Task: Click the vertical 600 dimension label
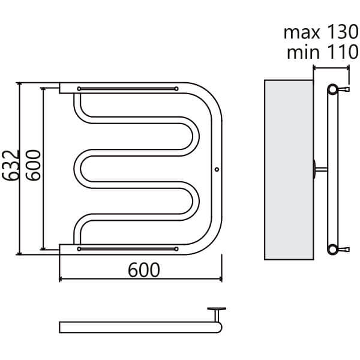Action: pyautogui.click(x=33, y=166)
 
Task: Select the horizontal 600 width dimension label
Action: pyautogui.click(x=144, y=270)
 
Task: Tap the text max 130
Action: pyautogui.click(x=321, y=32)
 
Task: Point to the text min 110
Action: pyautogui.click(x=323, y=52)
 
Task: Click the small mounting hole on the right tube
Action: pyautogui.click(x=217, y=169)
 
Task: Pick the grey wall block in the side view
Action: pyautogui.click(x=289, y=170)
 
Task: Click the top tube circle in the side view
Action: pyautogui.click(x=332, y=89)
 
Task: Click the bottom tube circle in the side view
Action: pyautogui.click(x=332, y=250)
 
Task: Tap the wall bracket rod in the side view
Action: pyautogui.click(x=321, y=169)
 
